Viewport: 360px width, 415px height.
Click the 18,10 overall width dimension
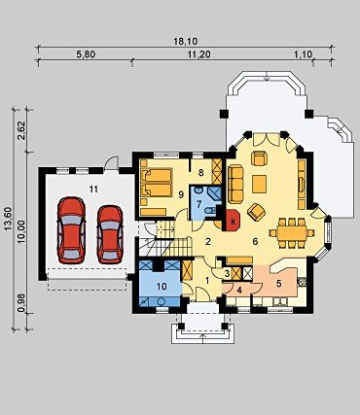coord(186,42)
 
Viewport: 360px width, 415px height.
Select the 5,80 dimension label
coord(86,54)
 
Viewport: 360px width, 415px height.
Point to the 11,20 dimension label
coord(198,54)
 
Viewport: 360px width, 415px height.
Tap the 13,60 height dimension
coord(8,219)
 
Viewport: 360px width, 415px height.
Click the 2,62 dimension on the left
coord(21,130)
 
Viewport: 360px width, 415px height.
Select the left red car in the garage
coord(71,229)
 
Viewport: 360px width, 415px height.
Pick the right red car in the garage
coord(110,234)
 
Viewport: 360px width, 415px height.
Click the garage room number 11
coord(93,190)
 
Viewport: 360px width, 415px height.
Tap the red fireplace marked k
coord(233,221)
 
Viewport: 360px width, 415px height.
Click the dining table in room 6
coord(292,232)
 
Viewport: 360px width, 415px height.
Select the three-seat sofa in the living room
coord(235,184)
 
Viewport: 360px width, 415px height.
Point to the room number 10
coord(162,286)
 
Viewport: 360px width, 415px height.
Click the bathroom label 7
coord(199,204)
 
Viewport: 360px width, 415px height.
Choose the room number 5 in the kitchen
coord(278,283)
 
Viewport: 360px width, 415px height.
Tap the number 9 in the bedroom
coord(181,194)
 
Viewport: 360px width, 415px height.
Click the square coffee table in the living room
coord(259,184)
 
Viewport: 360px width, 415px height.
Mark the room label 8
coord(201,173)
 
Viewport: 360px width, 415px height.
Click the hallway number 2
coord(208,241)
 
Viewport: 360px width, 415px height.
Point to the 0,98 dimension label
coord(21,305)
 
